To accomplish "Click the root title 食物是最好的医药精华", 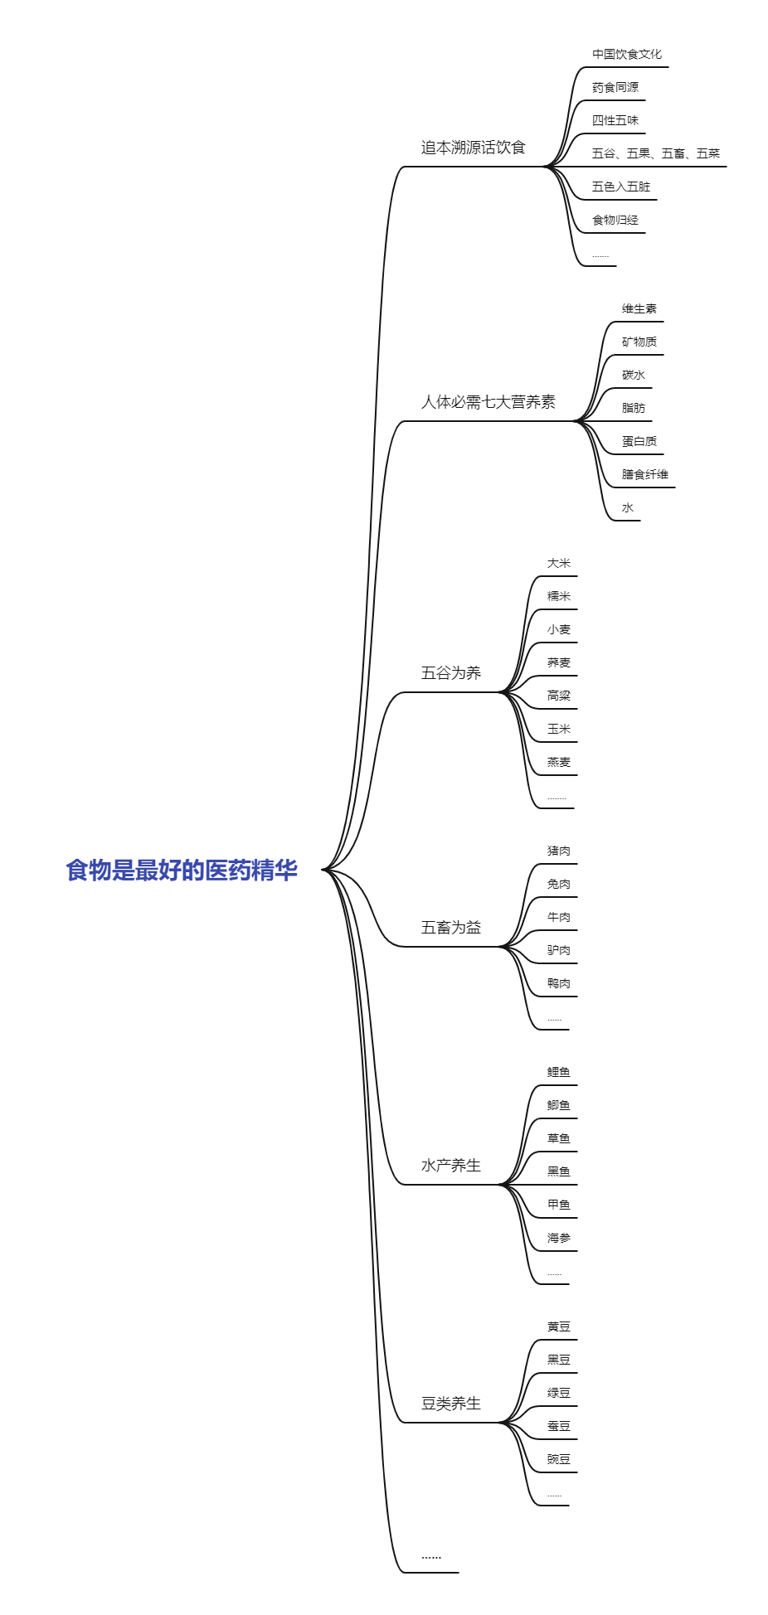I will [182, 871].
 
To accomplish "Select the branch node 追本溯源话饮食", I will [473, 148].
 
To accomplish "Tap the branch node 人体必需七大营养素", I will [488, 402].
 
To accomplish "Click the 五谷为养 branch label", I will [450, 673].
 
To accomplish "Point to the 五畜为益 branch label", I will [450, 928].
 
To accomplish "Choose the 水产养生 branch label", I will [450, 1166].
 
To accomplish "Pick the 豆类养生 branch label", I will [450, 1404].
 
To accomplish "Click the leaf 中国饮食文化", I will [626, 55].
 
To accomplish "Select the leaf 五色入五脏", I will [620, 187].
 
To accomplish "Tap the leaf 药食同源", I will [615, 88].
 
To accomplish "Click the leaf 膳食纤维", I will [644, 475].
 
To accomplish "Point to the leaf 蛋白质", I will [639, 442].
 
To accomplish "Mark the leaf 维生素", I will [639, 309].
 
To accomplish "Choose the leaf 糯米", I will [558, 597].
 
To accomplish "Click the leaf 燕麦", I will [558, 763].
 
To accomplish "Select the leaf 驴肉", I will [558, 951].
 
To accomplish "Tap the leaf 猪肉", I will [558, 851].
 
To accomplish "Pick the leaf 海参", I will [558, 1239].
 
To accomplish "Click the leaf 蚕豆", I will [558, 1427].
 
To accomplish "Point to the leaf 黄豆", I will [558, 1327].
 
